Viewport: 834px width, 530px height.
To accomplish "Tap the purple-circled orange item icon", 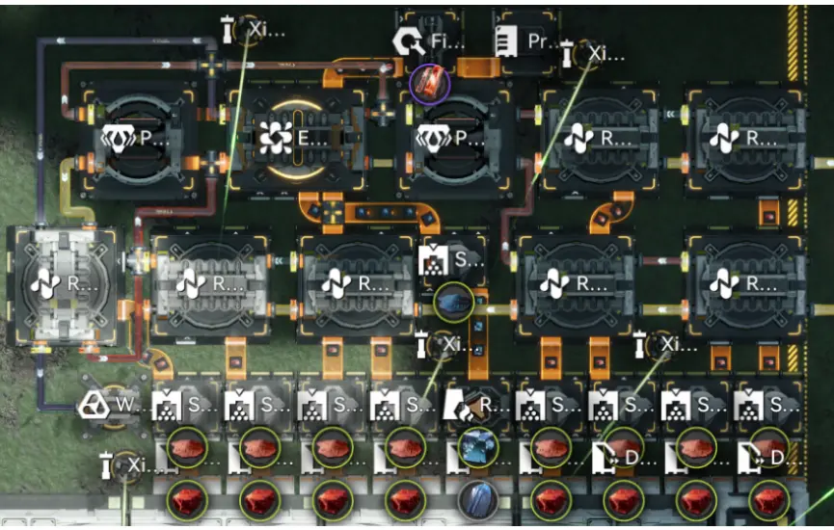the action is pyautogui.click(x=430, y=84).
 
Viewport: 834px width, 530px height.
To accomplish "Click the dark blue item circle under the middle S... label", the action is pyautogui.click(x=454, y=302).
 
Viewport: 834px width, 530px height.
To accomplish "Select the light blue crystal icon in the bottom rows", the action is pyautogui.click(x=475, y=446).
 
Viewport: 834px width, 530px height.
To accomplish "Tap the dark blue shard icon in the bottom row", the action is pyautogui.click(x=475, y=500).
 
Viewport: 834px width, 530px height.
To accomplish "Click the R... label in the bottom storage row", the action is pyautogui.click(x=477, y=406).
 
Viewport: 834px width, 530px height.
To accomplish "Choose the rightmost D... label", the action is pyautogui.click(x=767, y=458).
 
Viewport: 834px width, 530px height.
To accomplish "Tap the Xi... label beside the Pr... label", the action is pyautogui.click(x=588, y=53).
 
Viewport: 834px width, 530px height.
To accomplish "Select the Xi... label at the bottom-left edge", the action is pyautogui.click(x=126, y=466).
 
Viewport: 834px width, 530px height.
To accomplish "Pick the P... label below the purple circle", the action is pyautogui.click(x=443, y=139).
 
